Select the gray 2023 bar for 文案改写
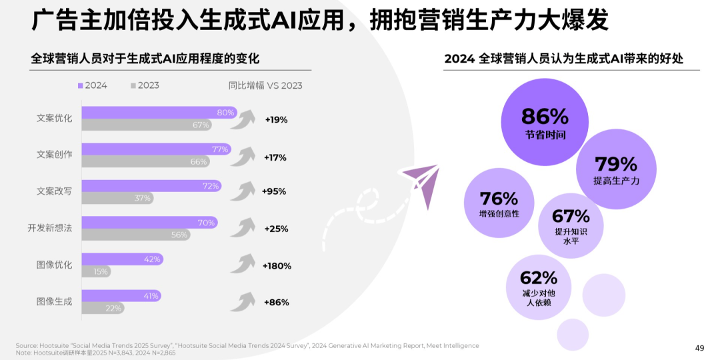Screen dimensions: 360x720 (117, 198)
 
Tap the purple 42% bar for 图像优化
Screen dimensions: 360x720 (122, 259)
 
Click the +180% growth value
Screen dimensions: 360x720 (277, 265)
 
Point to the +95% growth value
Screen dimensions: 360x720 (274, 191)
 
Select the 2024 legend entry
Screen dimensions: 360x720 (93, 85)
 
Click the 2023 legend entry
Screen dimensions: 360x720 (145, 85)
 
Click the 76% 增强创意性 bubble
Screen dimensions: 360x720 (499, 204)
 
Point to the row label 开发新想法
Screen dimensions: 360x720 (50, 229)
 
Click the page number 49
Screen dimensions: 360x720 (699, 347)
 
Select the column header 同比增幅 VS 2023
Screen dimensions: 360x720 (265, 85)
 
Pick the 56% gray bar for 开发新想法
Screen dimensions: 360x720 (135, 235)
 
